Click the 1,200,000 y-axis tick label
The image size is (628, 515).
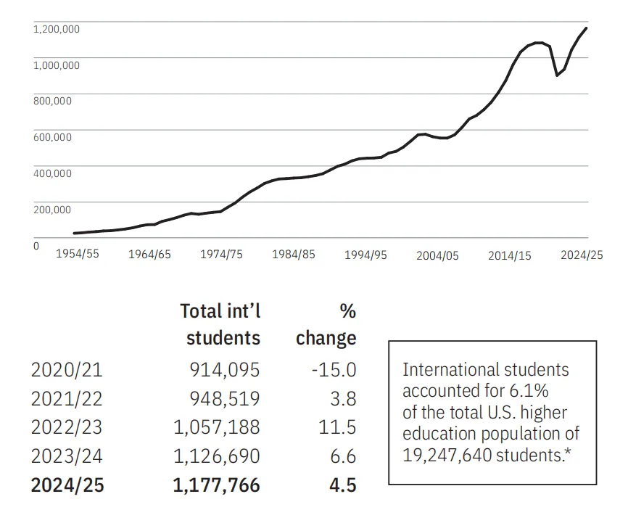[56, 29]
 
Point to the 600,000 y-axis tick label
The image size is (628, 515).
[52, 137]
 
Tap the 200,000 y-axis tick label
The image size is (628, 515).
[52, 210]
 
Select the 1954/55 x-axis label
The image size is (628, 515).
[77, 255]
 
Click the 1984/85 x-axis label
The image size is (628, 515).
[294, 255]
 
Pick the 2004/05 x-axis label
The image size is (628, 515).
[437, 256]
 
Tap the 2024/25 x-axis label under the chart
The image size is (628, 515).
[582, 255]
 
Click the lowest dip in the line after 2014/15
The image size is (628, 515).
[556, 75]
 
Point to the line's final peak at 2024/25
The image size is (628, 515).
[586, 28]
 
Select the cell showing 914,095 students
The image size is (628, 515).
[223, 370]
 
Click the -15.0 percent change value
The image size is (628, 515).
[333, 370]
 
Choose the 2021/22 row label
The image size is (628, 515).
[67, 399]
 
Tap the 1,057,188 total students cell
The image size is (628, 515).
[216, 428]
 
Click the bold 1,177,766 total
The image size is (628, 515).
[216, 485]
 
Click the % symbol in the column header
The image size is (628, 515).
[347, 311]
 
